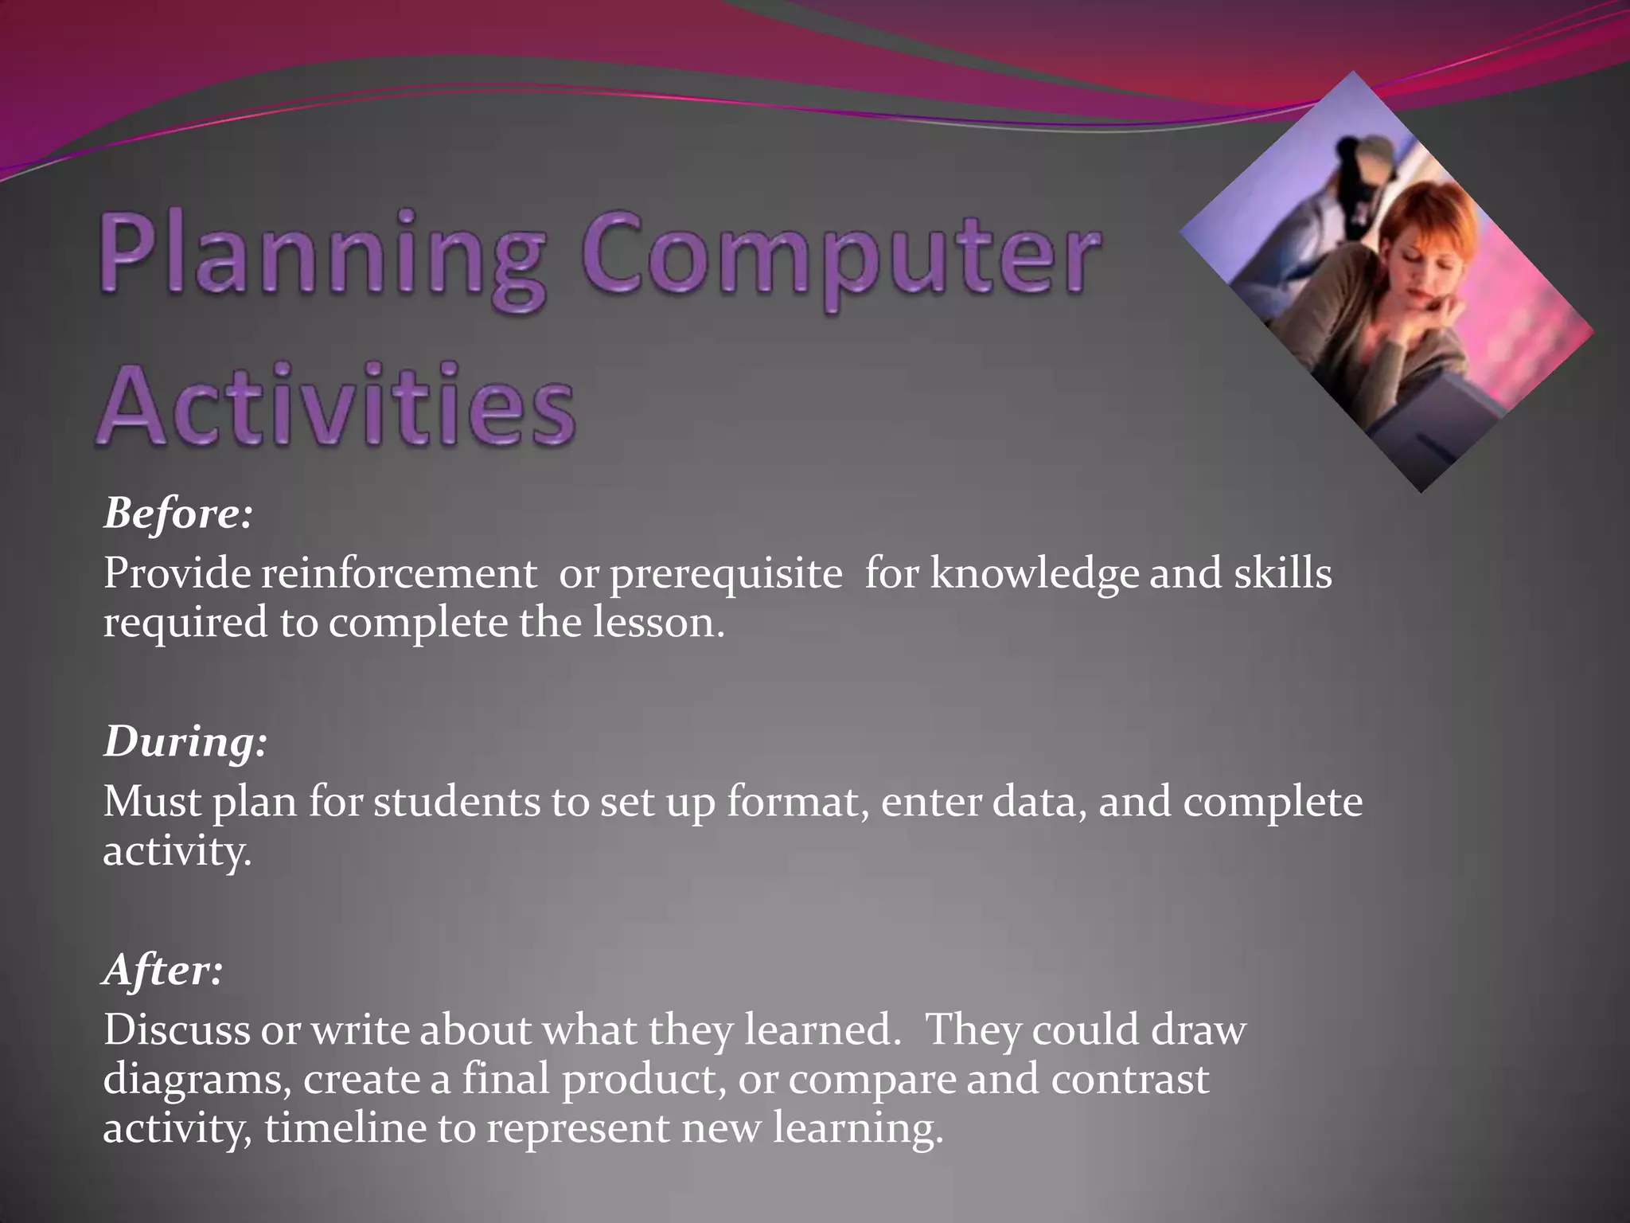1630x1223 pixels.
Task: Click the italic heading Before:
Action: click(x=177, y=514)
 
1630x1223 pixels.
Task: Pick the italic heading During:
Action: click(x=185, y=742)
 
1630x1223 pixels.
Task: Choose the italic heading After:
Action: click(x=162, y=970)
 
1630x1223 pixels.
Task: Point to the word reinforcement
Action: click(x=399, y=573)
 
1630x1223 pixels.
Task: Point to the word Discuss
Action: click(x=176, y=1030)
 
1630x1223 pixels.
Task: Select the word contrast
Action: click(x=1129, y=1080)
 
